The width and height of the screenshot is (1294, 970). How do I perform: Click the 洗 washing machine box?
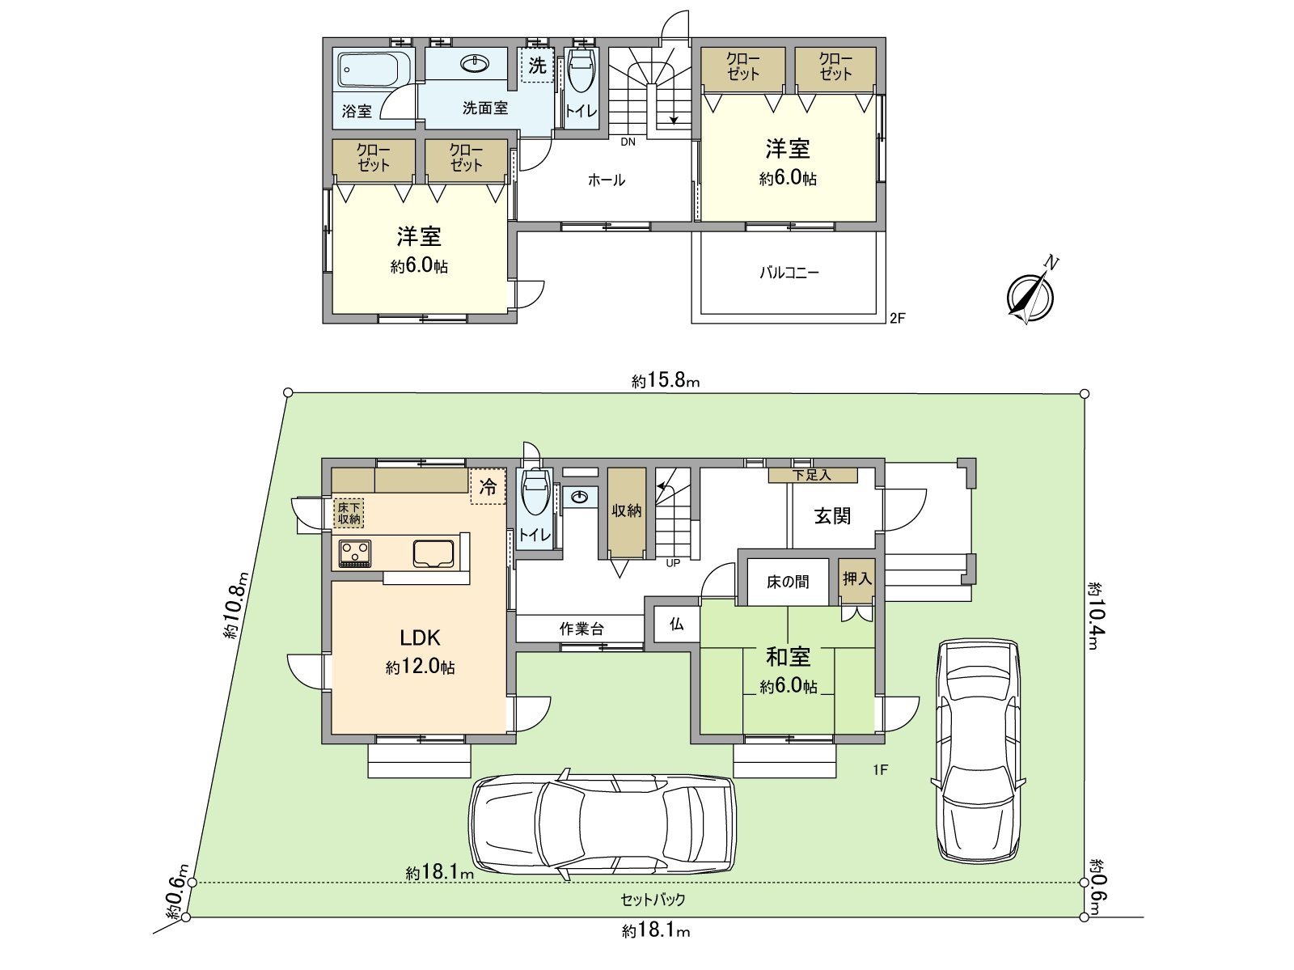[537, 65]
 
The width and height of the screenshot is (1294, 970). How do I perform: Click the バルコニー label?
[789, 273]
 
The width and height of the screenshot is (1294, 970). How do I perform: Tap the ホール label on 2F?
[606, 180]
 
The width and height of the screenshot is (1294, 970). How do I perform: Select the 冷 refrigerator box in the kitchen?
[488, 487]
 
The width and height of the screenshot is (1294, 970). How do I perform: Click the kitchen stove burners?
[355, 553]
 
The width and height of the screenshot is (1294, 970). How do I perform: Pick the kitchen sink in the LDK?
[435, 553]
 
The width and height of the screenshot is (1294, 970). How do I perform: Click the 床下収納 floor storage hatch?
[349, 513]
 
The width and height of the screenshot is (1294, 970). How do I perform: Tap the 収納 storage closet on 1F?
[626, 510]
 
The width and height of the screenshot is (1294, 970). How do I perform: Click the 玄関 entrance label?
[832, 515]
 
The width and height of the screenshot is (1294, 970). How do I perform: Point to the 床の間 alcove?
[787, 581]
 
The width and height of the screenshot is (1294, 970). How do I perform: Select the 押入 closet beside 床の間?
[856, 579]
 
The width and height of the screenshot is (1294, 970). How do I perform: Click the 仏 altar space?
[676, 624]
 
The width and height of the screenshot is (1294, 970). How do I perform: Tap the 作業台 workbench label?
[581, 629]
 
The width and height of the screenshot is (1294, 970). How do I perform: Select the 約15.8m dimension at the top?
[665, 380]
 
